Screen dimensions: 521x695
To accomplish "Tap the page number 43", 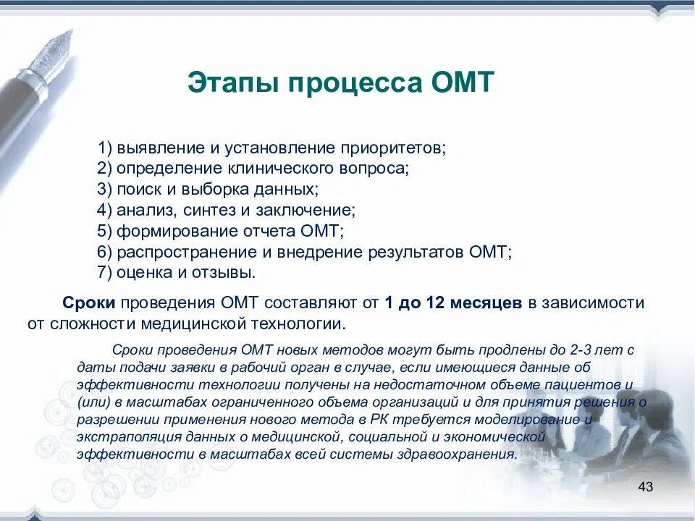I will [x=646, y=486].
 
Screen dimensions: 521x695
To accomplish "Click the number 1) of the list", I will [x=106, y=148].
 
